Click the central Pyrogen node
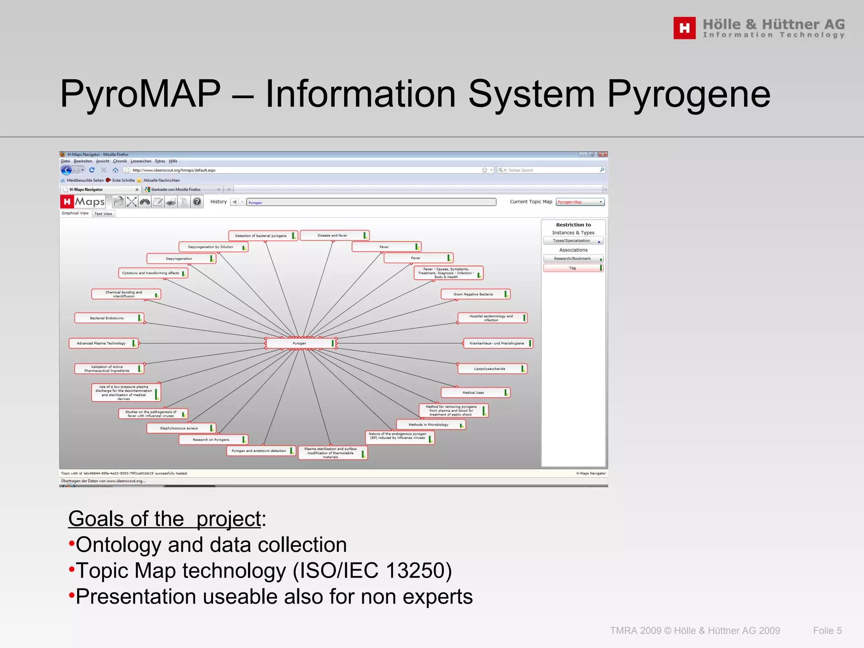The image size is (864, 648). [x=300, y=343]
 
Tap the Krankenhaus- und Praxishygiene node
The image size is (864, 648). [x=497, y=343]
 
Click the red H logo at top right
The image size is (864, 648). [x=684, y=28]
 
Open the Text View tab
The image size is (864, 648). [x=103, y=214]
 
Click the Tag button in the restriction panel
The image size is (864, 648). [x=573, y=268]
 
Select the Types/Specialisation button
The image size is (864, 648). [x=572, y=241]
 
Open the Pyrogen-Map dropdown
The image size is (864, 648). [x=580, y=202]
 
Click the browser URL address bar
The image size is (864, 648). [x=304, y=170]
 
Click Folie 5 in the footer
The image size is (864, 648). [x=827, y=631]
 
